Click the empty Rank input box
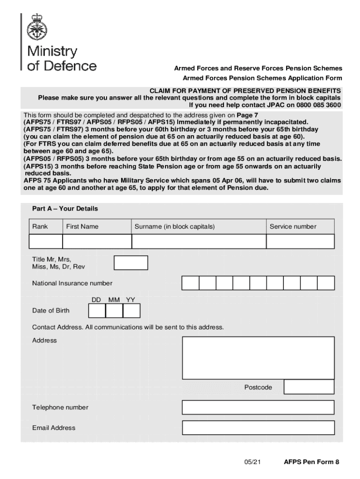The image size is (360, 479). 46,241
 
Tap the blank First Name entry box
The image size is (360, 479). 97,241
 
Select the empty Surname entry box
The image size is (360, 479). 199,241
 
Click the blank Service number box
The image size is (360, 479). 300,241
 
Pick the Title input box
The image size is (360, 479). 131,263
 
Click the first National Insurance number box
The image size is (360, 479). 190,283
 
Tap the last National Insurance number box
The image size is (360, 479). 326,283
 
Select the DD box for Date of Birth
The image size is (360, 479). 97,311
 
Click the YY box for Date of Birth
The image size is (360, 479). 131,311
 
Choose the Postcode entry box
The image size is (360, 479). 309,387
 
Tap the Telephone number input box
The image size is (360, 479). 258,407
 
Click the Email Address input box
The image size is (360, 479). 258,428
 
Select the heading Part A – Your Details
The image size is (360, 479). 65,209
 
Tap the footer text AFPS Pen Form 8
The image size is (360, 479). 311,463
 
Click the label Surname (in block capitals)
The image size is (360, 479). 175,227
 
